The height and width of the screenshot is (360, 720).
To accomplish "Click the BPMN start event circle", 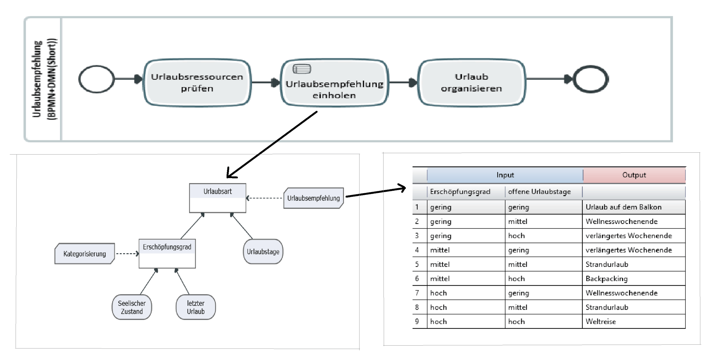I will tap(96, 79).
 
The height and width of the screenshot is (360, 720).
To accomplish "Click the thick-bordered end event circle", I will tap(591, 79).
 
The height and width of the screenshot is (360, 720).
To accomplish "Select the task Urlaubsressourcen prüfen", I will tap(197, 83).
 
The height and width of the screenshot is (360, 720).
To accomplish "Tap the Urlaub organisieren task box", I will tap(471, 83).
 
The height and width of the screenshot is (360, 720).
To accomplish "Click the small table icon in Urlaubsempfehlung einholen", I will tap(302, 69).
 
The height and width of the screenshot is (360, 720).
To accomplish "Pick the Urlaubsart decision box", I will tap(217, 198).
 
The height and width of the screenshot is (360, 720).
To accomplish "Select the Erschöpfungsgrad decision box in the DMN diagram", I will tap(167, 253).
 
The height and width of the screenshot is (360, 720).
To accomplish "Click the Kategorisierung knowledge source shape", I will tap(85, 254).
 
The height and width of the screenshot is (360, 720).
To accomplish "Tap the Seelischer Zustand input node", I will tap(132, 307).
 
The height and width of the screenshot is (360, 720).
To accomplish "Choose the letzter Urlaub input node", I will tap(196, 307).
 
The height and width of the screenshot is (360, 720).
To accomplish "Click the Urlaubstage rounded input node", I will tap(263, 251).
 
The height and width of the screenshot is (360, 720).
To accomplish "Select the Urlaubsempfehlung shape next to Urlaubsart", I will tap(313, 198).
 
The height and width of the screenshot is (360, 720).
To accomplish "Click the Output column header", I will tap(634, 175).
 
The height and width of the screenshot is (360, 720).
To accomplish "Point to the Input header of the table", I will tap(505, 175).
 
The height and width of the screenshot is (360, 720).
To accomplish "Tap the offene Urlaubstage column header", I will tap(539, 192).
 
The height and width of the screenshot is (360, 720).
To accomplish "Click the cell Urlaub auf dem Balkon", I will tap(623, 207).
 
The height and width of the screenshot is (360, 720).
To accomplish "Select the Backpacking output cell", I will tap(606, 279).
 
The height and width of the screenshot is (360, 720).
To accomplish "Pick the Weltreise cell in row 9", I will tap(601, 321).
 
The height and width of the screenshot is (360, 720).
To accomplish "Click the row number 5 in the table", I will tap(417, 264).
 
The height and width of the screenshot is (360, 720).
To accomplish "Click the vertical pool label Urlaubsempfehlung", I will tap(37, 79).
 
